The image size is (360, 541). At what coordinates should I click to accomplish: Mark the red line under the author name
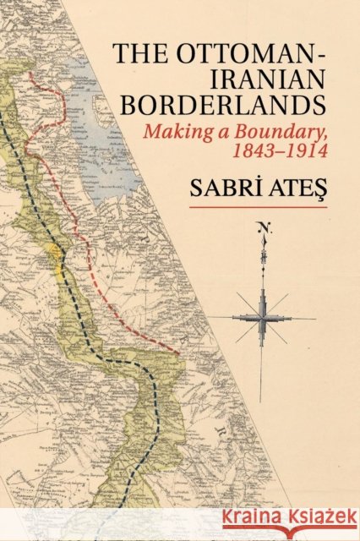tap(258, 207)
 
